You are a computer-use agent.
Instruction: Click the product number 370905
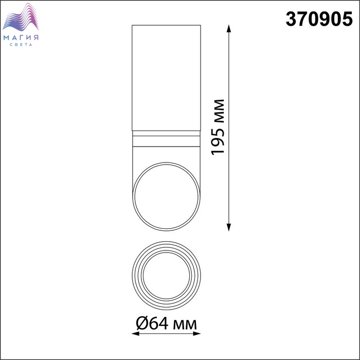click(x=319, y=19)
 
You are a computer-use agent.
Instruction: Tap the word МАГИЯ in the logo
click(x=21, y=38)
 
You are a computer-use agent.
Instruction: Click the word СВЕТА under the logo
click(x=21, y=45)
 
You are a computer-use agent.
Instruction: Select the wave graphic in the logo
click(x=21, y=17)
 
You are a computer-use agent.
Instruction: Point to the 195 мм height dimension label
click(x=218, y=128)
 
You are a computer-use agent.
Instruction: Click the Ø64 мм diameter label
click(x=166, y=323)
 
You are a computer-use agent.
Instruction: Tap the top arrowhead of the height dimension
click(x=228, y=28)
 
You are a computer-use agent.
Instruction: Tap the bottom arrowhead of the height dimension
click(x=228, y=227)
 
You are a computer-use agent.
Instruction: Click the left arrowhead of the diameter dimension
click(x=136, y=334)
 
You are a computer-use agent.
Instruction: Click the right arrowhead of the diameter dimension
click(x=197, y=334)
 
